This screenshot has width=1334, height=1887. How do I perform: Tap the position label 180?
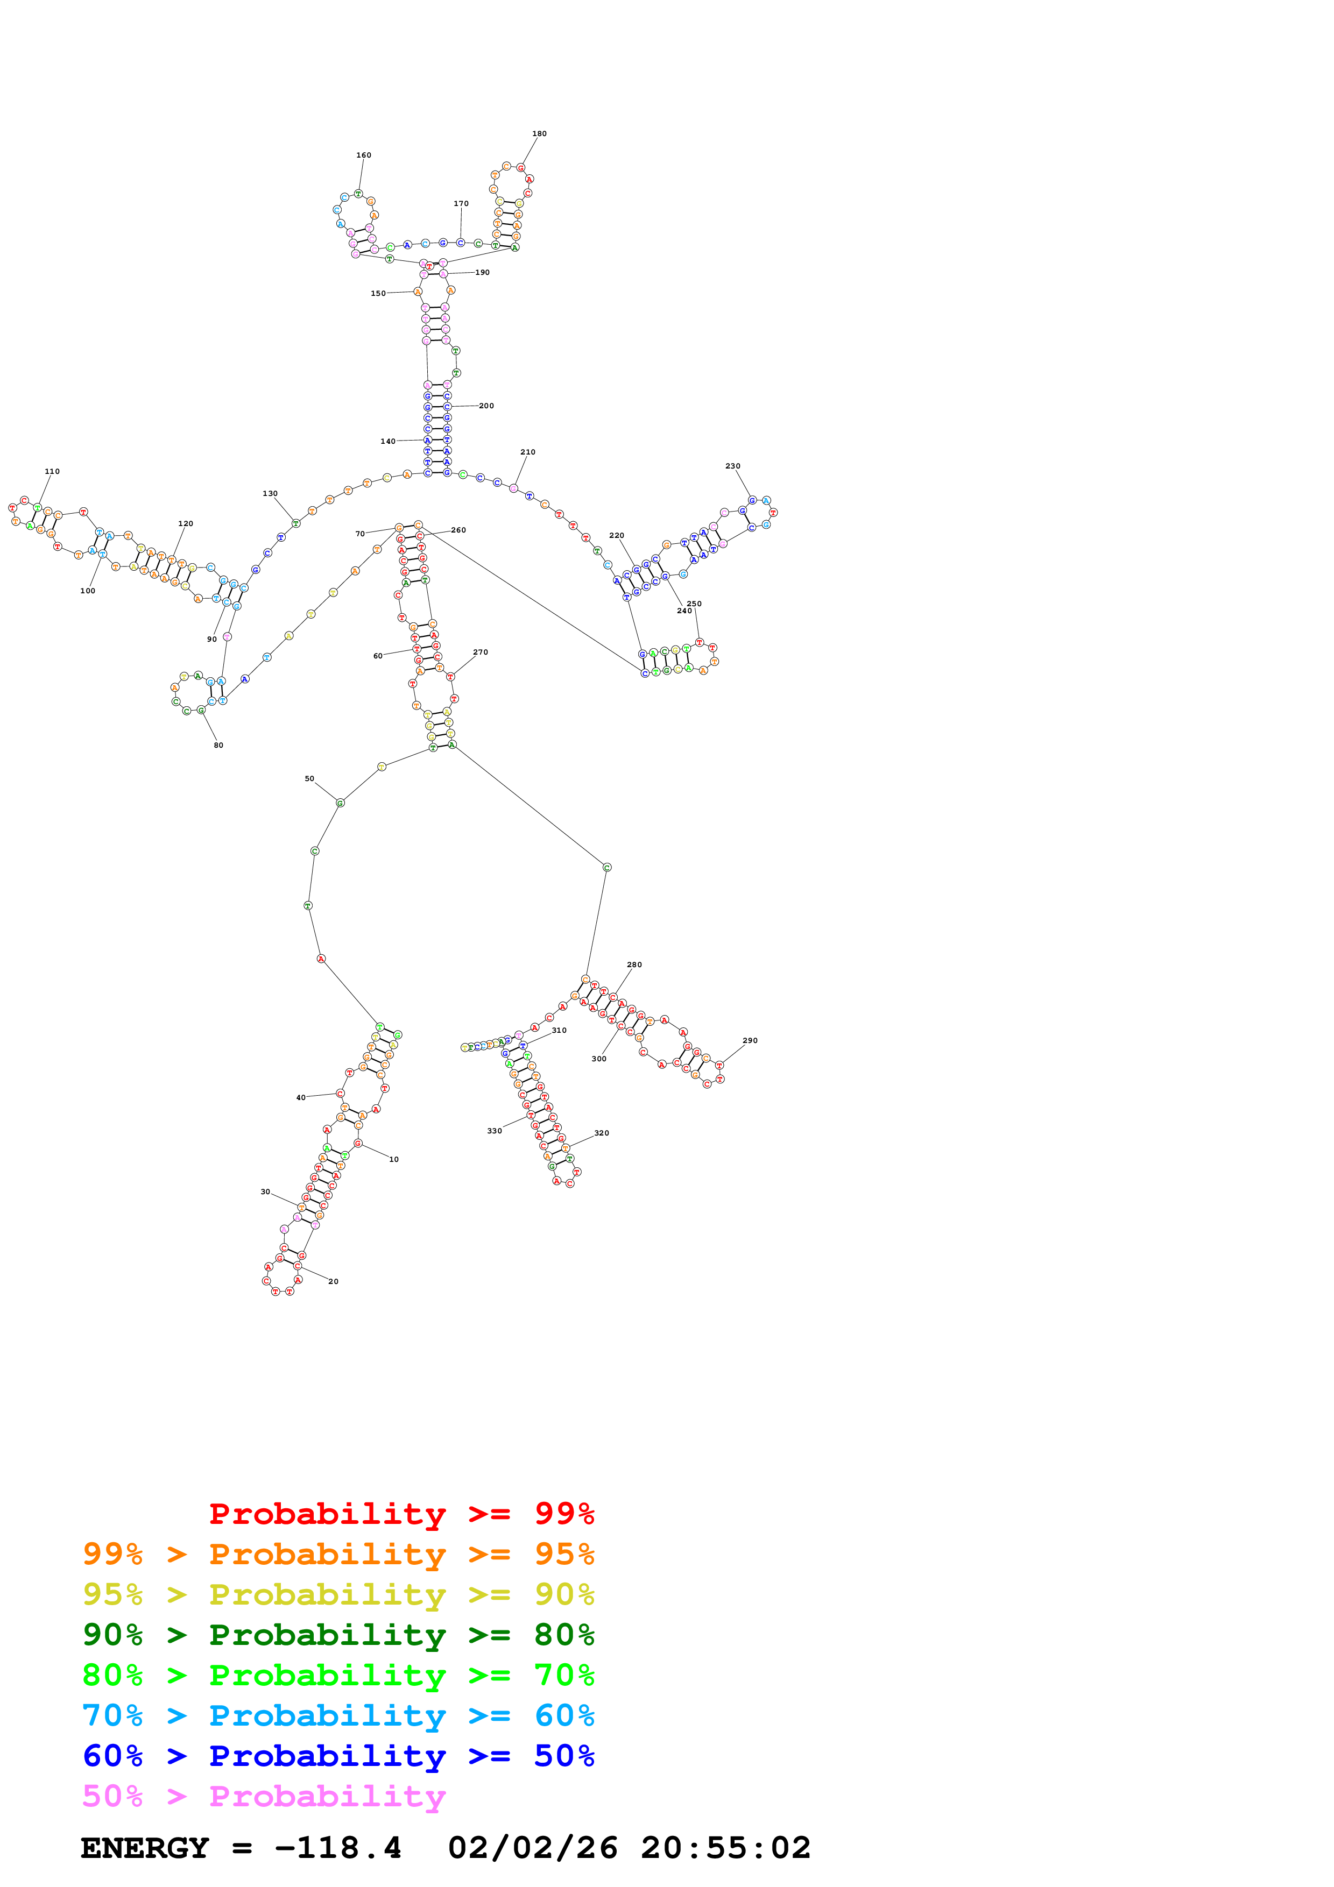coord(539,134)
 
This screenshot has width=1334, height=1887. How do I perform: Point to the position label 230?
coord(732,466)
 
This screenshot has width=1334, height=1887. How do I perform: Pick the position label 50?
coord(309,778)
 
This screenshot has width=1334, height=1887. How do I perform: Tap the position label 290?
coord(750,1040)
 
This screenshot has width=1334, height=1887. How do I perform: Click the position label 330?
coord(494,1131)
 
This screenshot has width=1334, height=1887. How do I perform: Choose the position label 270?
coord(480,652)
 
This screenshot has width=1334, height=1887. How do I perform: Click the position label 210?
coord(528,452)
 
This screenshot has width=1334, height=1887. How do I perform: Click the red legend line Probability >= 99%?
coord(401,1513)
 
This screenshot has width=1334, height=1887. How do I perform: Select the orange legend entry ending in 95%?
coord(338,1553)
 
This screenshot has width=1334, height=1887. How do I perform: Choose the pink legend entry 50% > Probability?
coord(264,1796)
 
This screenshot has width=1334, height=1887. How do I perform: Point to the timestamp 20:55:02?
coord(726,1848)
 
